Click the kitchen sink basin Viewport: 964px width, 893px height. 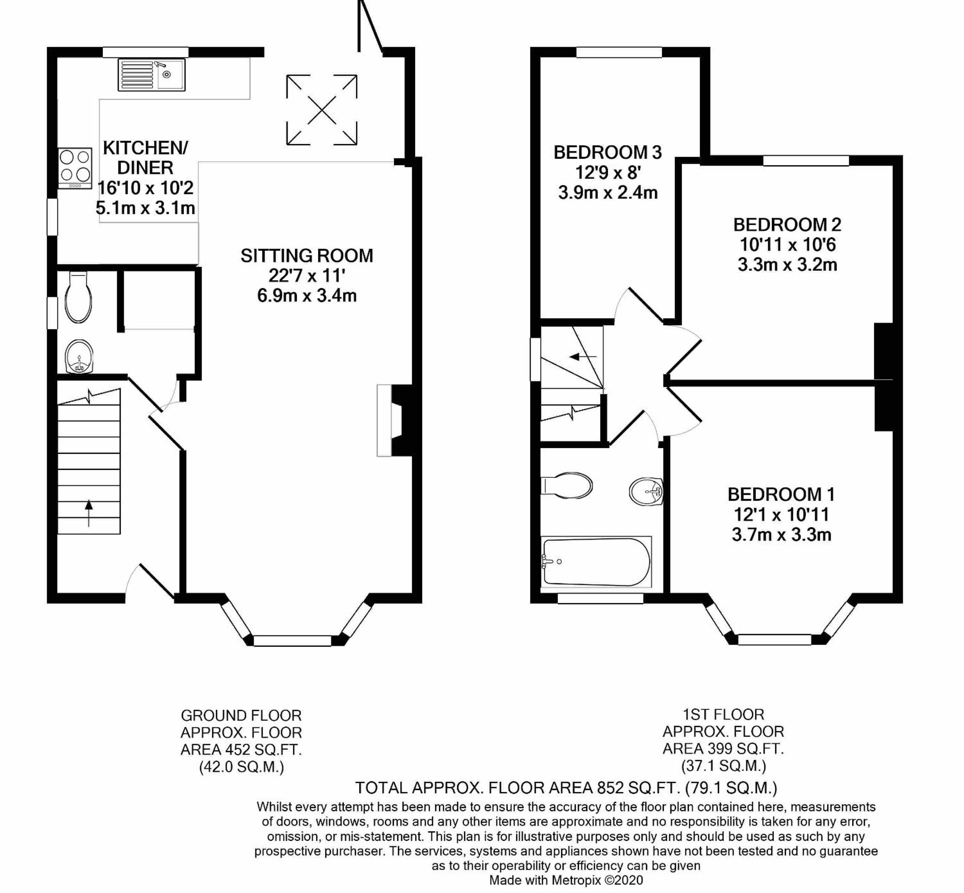point(170,74)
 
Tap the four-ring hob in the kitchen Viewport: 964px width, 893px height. point(75,168)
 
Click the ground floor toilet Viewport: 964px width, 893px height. point(79,297)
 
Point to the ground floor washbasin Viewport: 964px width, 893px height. point(78,357)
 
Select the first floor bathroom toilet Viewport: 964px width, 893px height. point(566,485)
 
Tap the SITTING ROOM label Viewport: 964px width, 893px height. point(307,256)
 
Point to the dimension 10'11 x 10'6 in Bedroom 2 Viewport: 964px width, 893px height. point(787,245)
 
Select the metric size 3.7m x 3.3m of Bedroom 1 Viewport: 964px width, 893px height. point(781,535)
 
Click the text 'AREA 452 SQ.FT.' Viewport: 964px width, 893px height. point(241,750)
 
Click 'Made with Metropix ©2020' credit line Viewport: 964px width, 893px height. point(566,880)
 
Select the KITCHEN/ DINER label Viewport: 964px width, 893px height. point(145,158)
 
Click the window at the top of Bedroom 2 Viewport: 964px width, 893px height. point(806,160)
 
